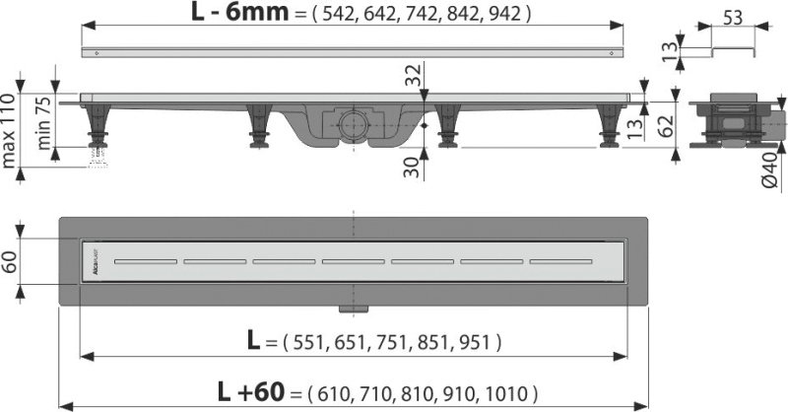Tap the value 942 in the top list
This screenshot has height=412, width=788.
click(x=507, y=15)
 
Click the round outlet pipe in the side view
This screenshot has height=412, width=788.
click(x=352, y=123)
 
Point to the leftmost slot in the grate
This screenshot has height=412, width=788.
click(x=143, y=261)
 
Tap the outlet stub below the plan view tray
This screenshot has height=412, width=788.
click(x=346, y=309)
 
